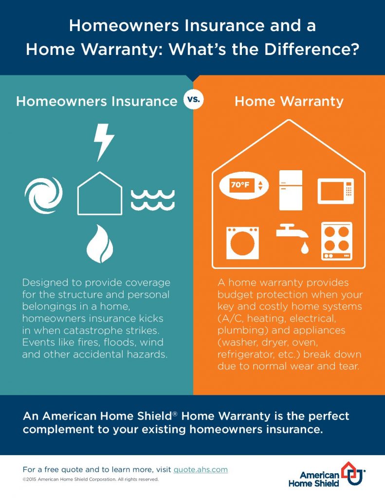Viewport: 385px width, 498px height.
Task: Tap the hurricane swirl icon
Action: click(43, 195)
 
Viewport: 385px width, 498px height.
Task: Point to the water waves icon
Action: click(153, 200)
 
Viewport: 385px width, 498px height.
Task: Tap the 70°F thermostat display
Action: click(244, 185)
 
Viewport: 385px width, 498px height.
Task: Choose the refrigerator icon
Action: click(291, 190)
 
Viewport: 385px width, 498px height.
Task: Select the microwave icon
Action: click(336, 191)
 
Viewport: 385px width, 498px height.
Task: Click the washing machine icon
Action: click(242, 243)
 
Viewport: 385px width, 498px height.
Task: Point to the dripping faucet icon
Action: click(292, 237)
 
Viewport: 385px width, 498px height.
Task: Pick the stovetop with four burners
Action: click(337, 241)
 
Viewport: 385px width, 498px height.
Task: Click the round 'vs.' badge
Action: click(193, 99)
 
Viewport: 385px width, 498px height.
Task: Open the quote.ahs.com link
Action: click(201, 469)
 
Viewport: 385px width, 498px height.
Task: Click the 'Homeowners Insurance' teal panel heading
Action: click(97, 101)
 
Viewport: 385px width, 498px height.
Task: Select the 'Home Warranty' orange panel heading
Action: click(289, 101)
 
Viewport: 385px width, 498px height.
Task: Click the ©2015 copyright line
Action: click(91, 479)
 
